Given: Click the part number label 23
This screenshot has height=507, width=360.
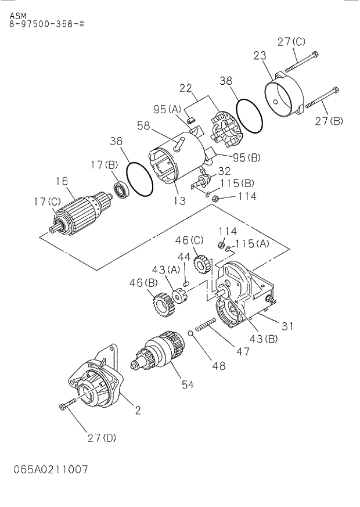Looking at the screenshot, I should (x=260, y=56).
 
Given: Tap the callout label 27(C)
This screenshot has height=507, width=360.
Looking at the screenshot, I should (x=291, y=42).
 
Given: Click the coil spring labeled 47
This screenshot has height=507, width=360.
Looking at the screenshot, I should (x=207, y=328).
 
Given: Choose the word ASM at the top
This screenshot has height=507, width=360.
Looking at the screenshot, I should (x=18, y=16).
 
